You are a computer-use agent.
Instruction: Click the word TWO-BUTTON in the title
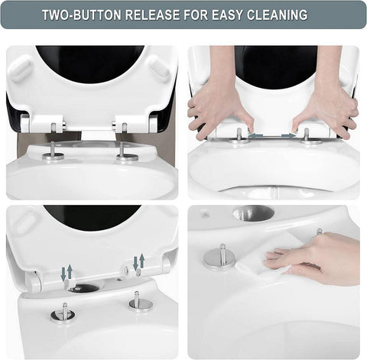[81, 15]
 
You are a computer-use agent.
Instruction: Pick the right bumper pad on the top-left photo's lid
[159, 68]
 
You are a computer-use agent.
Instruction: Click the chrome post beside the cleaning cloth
[220, 255]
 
